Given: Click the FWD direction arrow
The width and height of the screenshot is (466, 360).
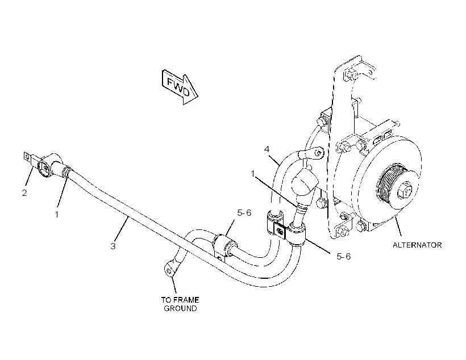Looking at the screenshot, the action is (180, 87).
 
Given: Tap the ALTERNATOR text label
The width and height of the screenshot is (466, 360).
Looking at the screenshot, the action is (417, 245).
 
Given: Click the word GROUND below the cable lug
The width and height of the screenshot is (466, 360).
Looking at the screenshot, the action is (180, 308).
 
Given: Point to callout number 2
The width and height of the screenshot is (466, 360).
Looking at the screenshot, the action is (24, 192).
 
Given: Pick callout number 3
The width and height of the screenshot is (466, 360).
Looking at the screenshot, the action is (113, 246).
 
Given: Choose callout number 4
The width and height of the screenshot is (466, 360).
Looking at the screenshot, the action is (267, 149).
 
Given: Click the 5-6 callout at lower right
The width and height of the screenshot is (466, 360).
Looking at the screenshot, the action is (344, 256).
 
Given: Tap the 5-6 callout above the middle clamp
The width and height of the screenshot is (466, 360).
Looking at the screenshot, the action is (244, 213).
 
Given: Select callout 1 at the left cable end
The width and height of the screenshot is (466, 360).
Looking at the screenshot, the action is (57, 214).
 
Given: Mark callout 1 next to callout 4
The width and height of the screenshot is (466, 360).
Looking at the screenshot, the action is (253, 173).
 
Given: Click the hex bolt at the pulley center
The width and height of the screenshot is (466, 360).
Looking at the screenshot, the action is (405, 190).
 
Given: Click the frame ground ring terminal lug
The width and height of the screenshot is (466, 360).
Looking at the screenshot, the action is (169, 269).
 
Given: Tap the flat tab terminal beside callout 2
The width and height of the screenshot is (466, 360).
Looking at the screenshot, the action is (28, 158).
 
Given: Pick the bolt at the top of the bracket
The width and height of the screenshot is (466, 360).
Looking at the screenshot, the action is (350, 74).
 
